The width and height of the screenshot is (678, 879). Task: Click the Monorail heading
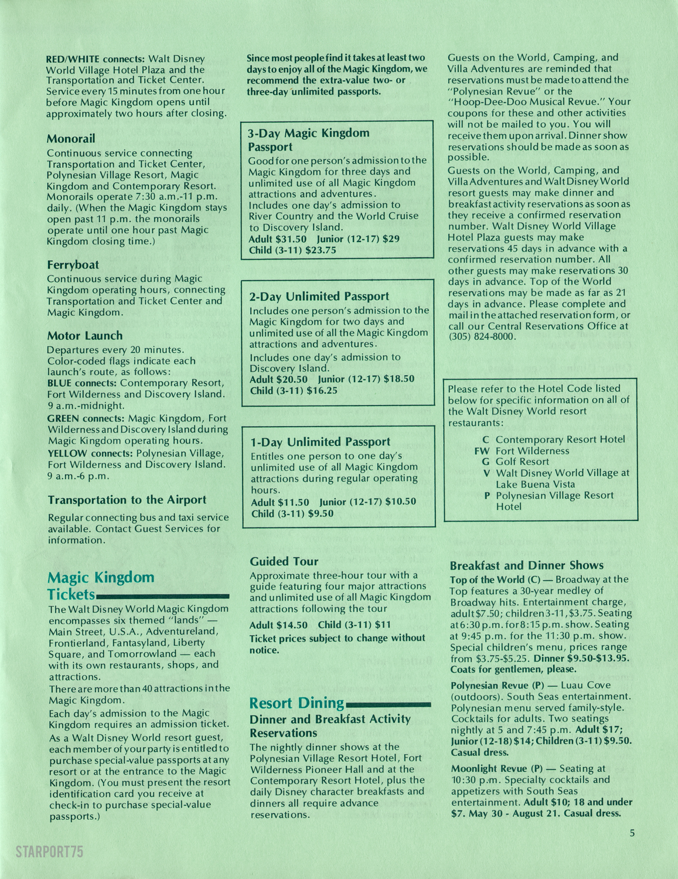(71, 139)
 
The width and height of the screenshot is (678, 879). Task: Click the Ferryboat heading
(73, 265)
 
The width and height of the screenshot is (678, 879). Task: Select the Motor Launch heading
(85, 336)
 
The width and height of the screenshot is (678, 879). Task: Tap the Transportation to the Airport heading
(127, 500)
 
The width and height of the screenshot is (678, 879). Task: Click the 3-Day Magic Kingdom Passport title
(308, 139)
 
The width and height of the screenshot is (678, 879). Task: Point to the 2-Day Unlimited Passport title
(319, 297)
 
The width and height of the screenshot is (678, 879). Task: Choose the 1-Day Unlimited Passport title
(320, 442)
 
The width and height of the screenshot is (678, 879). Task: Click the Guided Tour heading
(284, 561)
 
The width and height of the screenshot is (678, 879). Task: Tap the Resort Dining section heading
(297, 703)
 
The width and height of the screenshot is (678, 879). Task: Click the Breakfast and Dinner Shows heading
(526, 565)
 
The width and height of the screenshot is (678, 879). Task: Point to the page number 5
(632, 833)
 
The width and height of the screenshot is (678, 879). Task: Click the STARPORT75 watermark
(50, 851)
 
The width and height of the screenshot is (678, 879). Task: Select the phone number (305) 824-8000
(482, 337)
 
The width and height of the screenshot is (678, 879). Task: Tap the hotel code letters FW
(481, 451)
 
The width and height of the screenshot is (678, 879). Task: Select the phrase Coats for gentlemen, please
(513, 669)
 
